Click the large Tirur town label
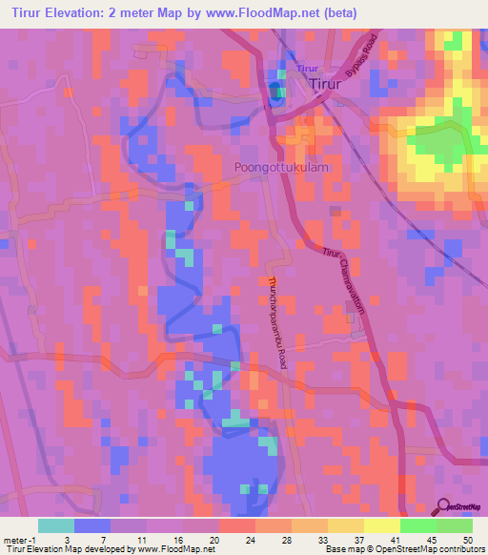[x=333, y=85]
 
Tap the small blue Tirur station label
[x=307, y=69]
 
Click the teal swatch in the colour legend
[x=56, y=525]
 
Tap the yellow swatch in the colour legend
[x=381, y=525]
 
